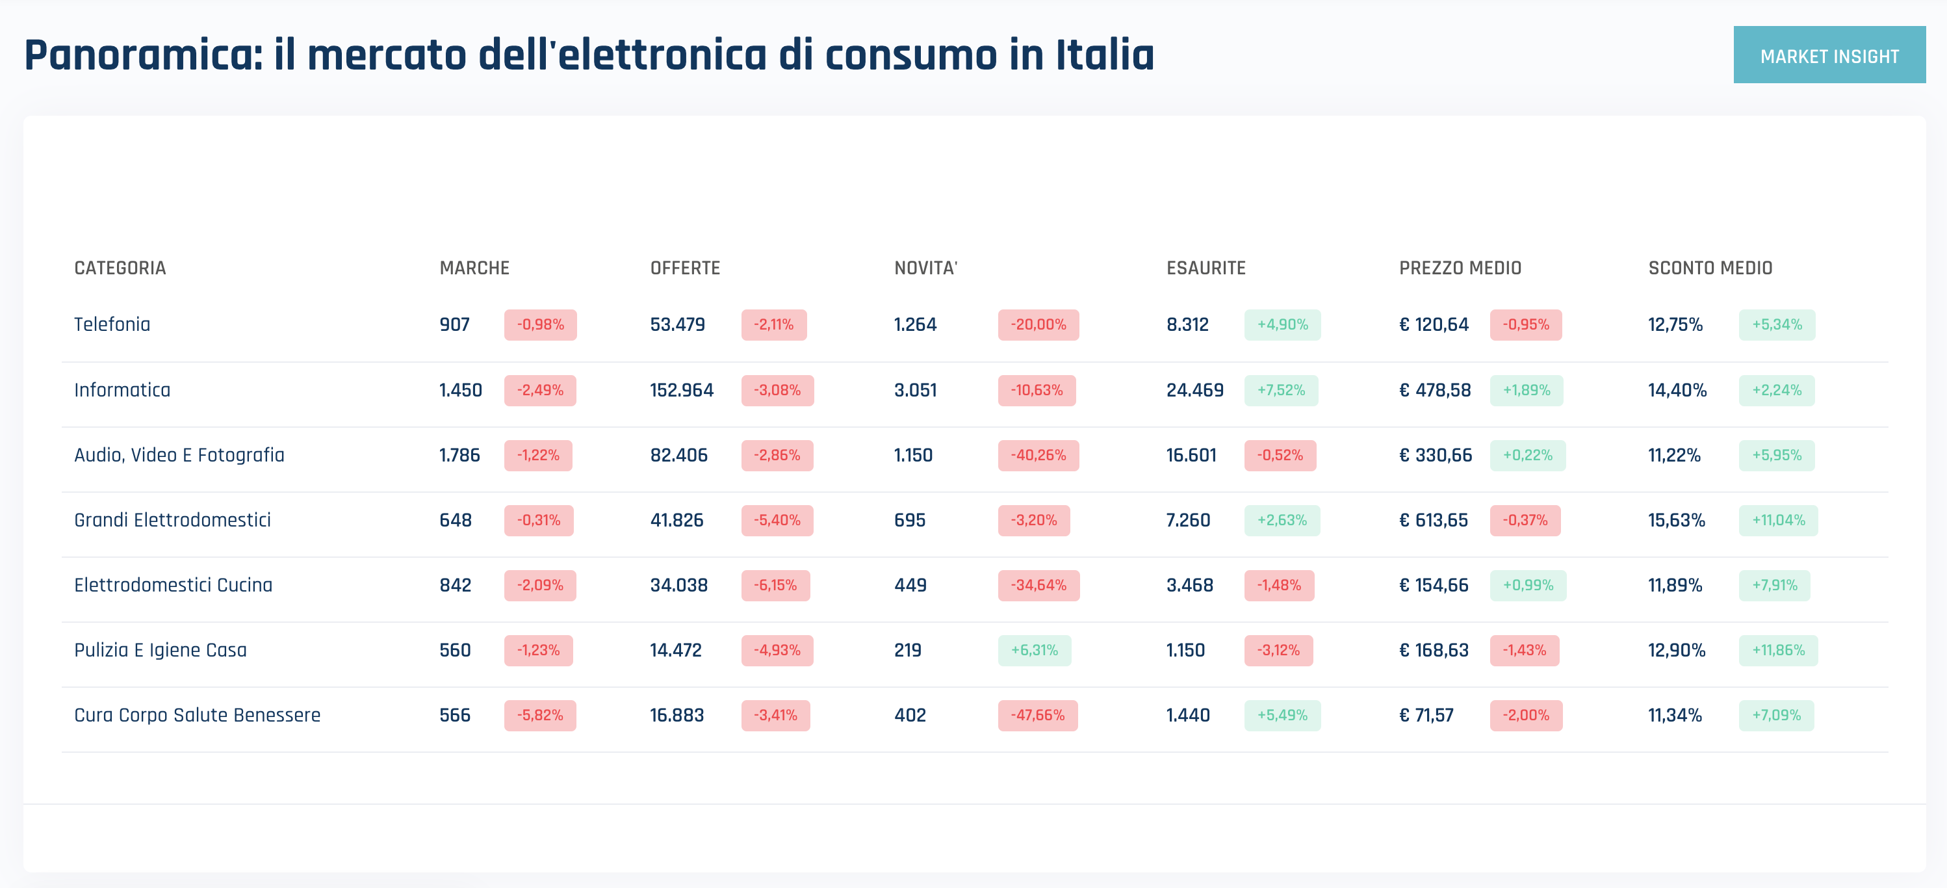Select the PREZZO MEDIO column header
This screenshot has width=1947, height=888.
pyautogui.click(x=1460, y=268)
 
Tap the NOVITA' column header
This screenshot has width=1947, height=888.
pyautogui.click(x=925, y=268)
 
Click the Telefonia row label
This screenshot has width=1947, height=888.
pyautogui.click(x=112, y=324)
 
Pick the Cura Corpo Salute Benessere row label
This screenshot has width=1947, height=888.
pyautogui.click(x=196, y=715)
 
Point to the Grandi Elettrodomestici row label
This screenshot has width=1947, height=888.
pyautogui.click(x=172, y=520)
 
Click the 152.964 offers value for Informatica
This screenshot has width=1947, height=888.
pyautogui.click(x=681, y=390)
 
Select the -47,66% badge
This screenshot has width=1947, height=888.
pyautogui.click(x=1037, y=715)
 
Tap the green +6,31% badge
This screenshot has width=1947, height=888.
pyautogui.click(x=1034, y=650)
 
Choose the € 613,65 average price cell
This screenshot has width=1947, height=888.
pyautogui.click(x=1433, y=520)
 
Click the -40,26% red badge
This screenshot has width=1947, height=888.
pyautogui.click(x=1038, y=455)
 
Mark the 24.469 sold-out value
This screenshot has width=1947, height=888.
pyautogui.click(x=1194, y=390)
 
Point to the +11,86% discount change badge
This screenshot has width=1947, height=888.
pyautogui.click(x=1777, y=650)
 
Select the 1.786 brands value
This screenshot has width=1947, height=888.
pyautogui.click(x=459, y=455)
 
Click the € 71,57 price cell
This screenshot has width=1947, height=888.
pyautogui.click(x=1426, y=715)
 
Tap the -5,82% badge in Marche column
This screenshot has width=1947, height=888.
pyautogui.click(x=539, y=715)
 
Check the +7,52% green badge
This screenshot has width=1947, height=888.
pyautogui.click(x=1280, y=390)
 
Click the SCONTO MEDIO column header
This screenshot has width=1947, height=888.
pyautogui.click(x=1710, y=268)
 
